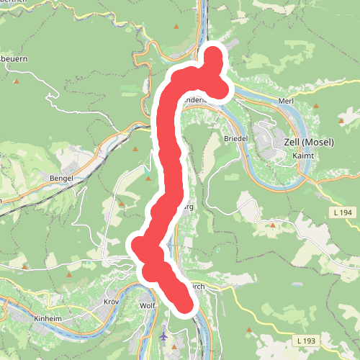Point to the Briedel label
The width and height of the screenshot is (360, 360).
(235, 138)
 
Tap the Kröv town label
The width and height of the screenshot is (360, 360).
(111, 302)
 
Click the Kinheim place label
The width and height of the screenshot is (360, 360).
(49, 318)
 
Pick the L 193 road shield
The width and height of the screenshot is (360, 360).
(307, 339)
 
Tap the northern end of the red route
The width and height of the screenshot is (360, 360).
(215, 54)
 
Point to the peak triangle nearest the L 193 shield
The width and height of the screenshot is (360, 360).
(248, 330)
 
